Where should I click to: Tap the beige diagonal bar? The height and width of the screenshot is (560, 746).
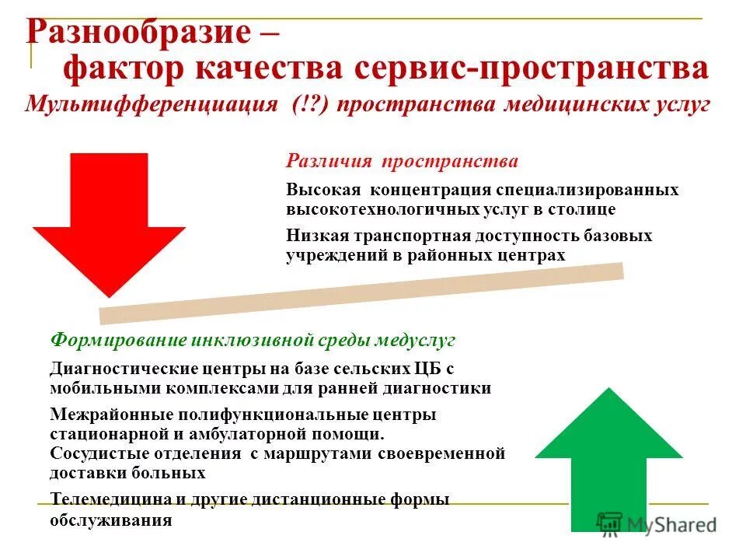[x=361, y=293]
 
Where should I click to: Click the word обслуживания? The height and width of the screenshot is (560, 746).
[x=110, y=520]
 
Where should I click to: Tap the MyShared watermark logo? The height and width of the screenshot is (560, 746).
[x=657, y=523]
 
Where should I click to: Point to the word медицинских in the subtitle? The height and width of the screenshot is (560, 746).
[x=566, y=104]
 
